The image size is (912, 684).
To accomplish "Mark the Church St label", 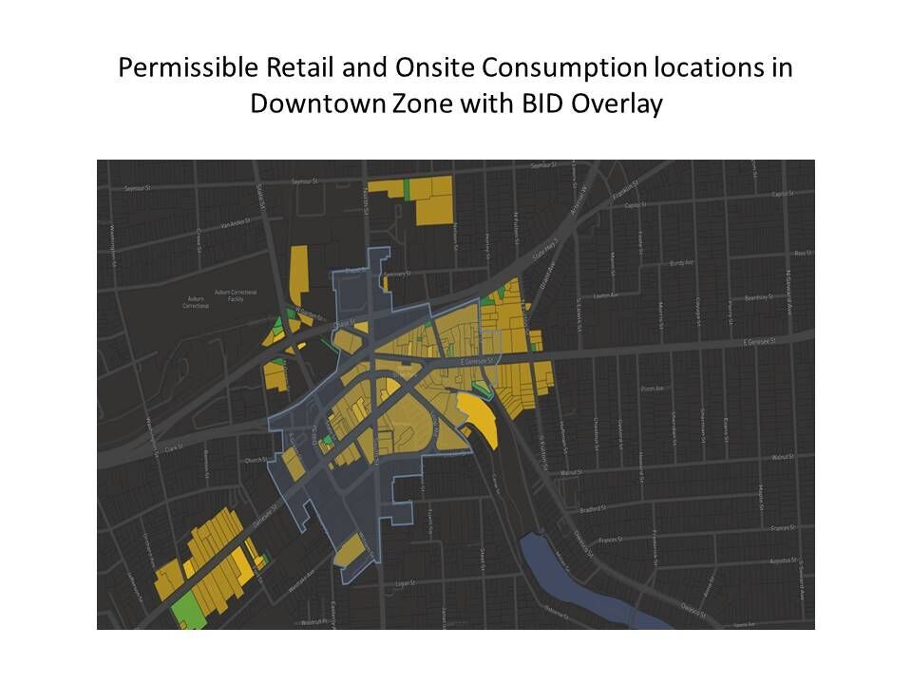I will tap(253, 461).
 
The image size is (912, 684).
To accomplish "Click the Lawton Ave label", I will tap(605, 296).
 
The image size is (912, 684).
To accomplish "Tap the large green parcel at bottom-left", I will tap(189, 608).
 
